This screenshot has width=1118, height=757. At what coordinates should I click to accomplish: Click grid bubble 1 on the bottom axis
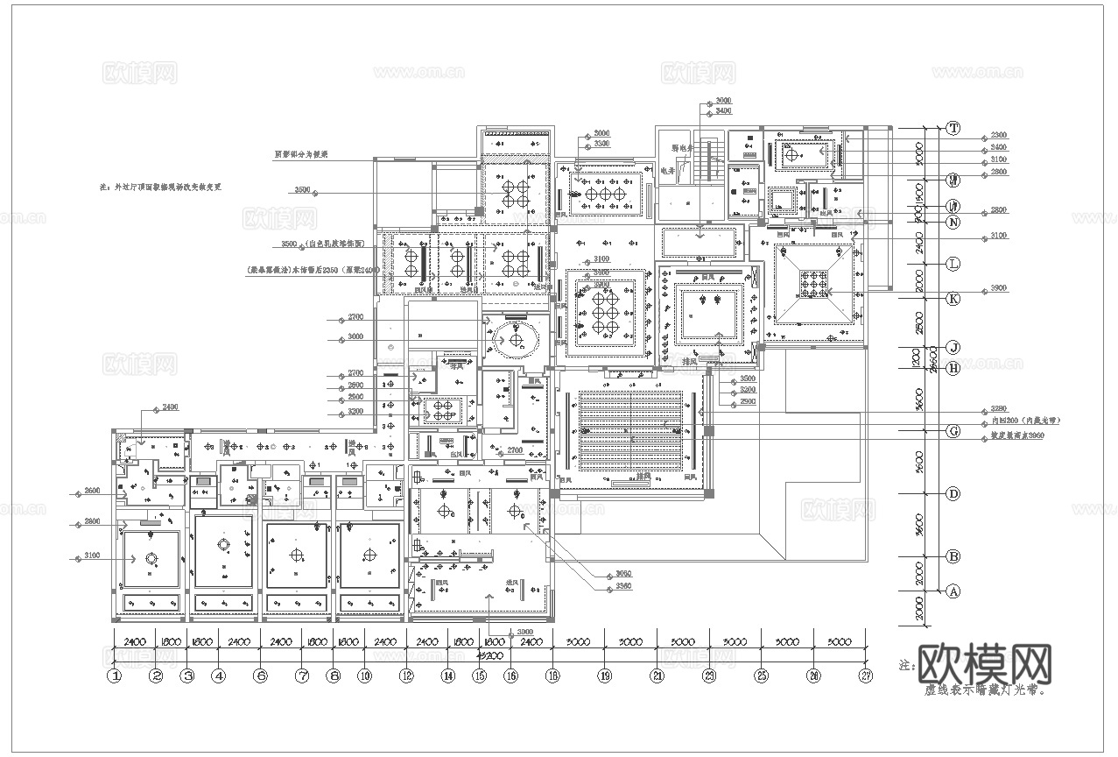[114, 676]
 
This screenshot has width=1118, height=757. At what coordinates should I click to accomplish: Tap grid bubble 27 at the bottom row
[866, 676]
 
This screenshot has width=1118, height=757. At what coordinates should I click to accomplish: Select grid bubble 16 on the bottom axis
[510, 676]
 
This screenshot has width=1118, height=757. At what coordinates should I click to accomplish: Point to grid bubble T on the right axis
[953, 128]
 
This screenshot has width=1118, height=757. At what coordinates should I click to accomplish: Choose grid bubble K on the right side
[953, 298]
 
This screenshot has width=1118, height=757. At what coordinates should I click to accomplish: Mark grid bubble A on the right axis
[953, 591]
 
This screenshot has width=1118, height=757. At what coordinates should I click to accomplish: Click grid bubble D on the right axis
[953, 494]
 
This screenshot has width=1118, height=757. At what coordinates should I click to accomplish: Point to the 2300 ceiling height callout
[998, 136]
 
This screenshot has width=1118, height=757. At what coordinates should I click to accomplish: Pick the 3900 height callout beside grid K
[998, 288]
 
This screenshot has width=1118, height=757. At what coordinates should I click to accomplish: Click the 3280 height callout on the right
[999, 408]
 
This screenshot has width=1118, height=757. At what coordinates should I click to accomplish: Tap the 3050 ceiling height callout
[622, 574]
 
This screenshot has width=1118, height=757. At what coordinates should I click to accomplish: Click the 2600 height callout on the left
[93, 490]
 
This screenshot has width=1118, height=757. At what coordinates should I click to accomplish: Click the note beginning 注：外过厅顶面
[161, 187]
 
